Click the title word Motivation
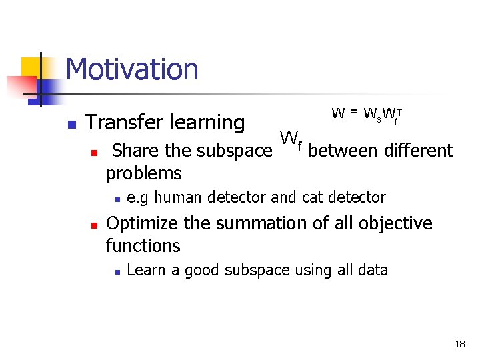coord(132,69)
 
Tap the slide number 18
coord(459,345)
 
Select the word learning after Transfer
coord(207,123)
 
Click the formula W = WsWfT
coord(368,113)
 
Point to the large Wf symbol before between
coord(291,139)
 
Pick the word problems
coord(144,173)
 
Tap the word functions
coord(143,246)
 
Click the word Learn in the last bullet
coord(142,270)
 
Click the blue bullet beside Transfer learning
coord(71,124)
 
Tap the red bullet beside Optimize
coord(95,224)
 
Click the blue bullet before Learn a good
coord(117,271)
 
